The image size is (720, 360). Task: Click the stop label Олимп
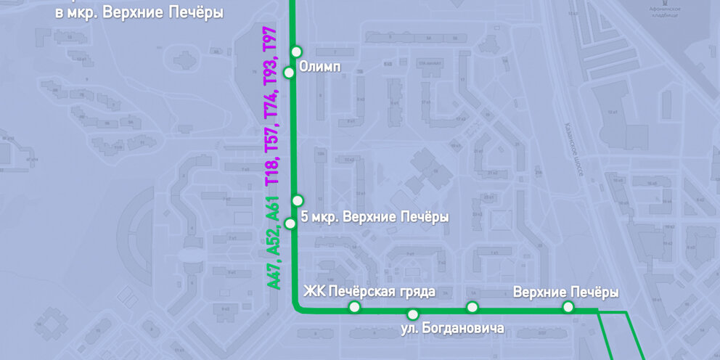(320, 65)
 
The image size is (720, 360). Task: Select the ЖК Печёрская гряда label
(369, 292)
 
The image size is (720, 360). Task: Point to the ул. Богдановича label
(452, 329)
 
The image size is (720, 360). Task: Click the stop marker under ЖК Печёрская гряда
(354, 308)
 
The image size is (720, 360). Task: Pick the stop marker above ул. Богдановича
(412, 314)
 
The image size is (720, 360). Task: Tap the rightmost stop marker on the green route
(568, 308)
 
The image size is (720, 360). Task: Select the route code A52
(273, 239)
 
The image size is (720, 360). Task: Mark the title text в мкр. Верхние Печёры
(139, 13)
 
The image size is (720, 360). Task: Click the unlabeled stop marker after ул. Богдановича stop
(472, 307)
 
